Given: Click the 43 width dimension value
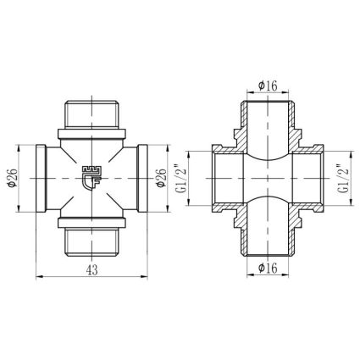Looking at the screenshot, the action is (x=92, y=270).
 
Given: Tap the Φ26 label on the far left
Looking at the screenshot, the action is (x=13, y=178).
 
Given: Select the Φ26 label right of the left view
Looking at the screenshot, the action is (x=161, y=178).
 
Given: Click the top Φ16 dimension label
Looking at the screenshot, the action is (x=268, y=86).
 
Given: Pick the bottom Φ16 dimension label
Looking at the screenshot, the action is (x=268, y=268).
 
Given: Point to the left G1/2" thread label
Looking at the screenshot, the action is (x=181, y=178).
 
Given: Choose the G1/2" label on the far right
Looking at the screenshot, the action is (x=343, y=178).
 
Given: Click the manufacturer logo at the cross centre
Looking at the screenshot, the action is (x=91, y=178).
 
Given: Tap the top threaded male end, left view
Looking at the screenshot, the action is (x=91, y=114).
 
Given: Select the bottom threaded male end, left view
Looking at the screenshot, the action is (x=91, y=242).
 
